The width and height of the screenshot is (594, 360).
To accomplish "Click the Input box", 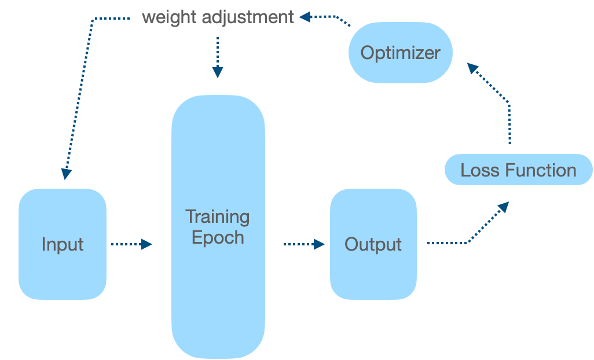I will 63,244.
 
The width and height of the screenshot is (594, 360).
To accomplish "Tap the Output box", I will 373,244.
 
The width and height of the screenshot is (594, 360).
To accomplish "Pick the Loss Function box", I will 518,170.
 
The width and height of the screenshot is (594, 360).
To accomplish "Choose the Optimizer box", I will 400,53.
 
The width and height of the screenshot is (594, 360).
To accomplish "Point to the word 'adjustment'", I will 248,17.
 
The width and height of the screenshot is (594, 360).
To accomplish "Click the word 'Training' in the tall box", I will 218,216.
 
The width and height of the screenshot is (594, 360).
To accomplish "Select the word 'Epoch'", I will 218,237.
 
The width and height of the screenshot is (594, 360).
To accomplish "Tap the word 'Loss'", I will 480,170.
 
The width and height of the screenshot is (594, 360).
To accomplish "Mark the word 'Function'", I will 541,170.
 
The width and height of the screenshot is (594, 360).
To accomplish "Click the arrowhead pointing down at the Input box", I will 66,173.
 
